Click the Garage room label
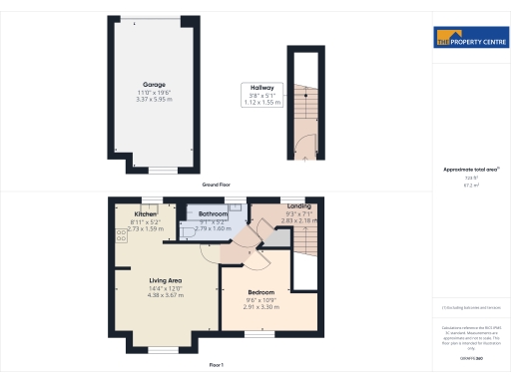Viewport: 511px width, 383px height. pyautogui.click(x=153, y=84)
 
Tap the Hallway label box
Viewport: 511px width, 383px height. pyautogui.click(x=262, y=87)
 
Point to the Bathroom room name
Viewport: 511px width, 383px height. pyautogui.click(x=214, y=214)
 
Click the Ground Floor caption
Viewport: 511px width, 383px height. pyautogui.click(x=218, y=185)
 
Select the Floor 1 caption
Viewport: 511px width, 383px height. pyautogui.click(x=216, y=366)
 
